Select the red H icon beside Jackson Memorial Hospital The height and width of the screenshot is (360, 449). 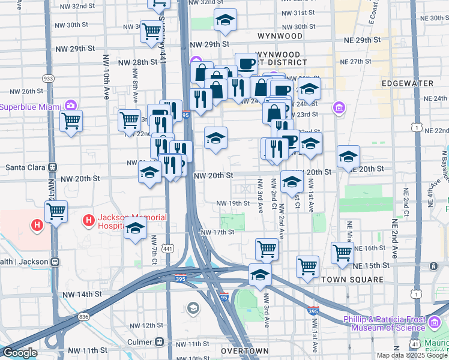point(89,221)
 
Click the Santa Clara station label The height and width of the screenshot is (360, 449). point(23,167)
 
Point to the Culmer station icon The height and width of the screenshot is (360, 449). point(159,341)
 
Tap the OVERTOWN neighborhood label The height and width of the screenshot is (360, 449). point(244,350)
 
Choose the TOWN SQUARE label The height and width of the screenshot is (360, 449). point(352,280)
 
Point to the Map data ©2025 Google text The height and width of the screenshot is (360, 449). point(412,355)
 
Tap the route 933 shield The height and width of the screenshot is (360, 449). point(48,79)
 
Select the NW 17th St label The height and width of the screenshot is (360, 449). point(217,232)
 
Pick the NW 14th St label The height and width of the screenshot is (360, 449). point(83,294)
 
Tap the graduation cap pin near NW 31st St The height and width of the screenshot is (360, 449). point(225,21)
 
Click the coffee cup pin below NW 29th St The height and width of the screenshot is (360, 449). point(246,64)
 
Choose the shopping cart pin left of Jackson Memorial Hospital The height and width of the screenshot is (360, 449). point(56,211)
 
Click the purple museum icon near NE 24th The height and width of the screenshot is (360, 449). point(339,108)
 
